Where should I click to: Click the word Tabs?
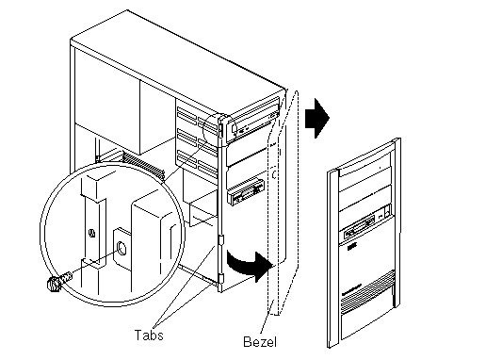pos(149,335)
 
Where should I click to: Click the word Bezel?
pos(260,342)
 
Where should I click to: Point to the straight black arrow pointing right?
pos(317,118)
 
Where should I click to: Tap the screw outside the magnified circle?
pos(57,282)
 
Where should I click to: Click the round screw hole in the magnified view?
pos(122,248)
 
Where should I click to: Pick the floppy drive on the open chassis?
pos(245,191)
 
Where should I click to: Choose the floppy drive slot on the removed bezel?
pos(360,228)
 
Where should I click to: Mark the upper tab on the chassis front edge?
pos(220,239)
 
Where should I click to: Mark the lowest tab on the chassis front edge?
pos(220,279)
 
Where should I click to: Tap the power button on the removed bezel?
pos(387,210)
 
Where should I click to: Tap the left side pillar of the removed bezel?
pos(332,258)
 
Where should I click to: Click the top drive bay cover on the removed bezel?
pos(365,168)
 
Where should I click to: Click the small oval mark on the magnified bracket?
pos(92,233)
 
